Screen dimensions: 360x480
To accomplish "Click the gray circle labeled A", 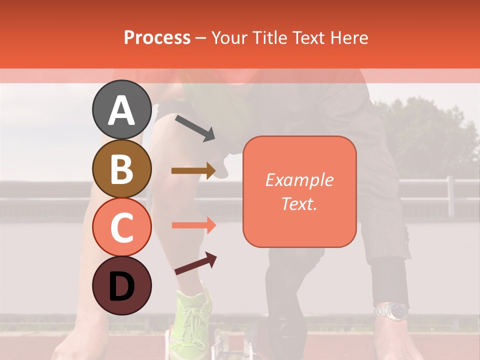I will pyautogui.click(x=121, y=109).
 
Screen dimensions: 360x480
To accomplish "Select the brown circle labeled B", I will pyautogui.click(x=121, y=168).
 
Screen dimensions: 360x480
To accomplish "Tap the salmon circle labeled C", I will pyautogui.click(x=121, y=227).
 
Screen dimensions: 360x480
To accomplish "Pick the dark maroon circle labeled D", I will pyautogui.click(x=121, y=285).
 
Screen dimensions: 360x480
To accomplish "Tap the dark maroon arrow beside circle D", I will pyautogui.click(x=195, y=263).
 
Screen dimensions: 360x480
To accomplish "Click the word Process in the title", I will pyautogui.click(x=157, y=37).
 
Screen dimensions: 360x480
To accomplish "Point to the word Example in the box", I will pyautogui.click(x=299, y=180).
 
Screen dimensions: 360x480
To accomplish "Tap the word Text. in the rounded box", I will pyautogui.click(x=299, y=203).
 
